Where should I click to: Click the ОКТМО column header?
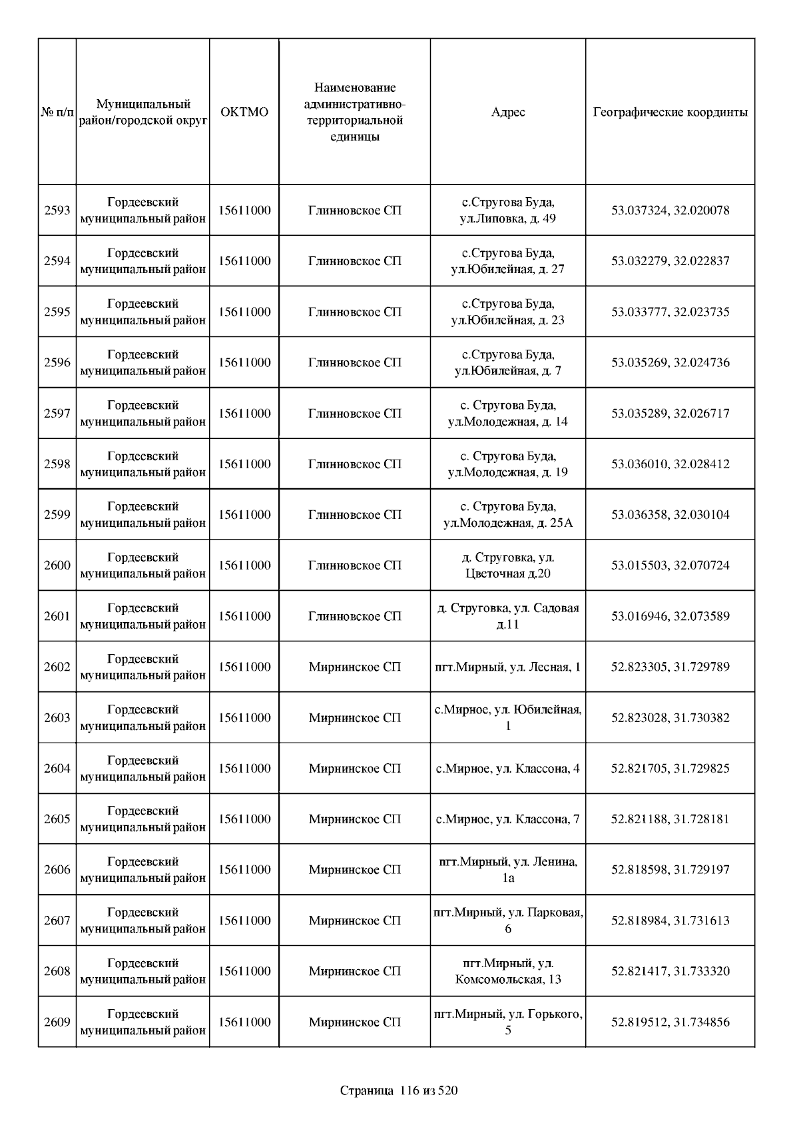pyautogui.click(x=244, y=112)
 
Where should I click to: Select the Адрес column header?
pyautogui.click(x=508, y=112)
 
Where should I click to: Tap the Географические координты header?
pyautogui.click(x=670, y=112)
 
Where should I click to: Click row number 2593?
pyautogui.click(x=57, y=210)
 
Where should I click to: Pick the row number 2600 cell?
pyautogui.click(x=57, y=565)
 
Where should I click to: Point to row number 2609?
pyautogui.click(x=57, y=1022)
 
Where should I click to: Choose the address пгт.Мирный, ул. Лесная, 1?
pyautogui.click(x=508, y=667)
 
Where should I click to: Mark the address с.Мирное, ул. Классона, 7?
pyautogui.click(x=508, y=819)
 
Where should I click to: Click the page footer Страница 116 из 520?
pyautogui.click(x=399, y=1091)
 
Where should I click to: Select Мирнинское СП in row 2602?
pyautogui.click(x=355, y=667)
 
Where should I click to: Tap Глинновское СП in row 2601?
pyautogui.click(x=355, y=616)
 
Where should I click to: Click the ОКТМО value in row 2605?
pyautogui.click(x=244, y=819)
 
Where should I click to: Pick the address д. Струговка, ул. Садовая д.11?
pyautogui.click(x=508, y=616)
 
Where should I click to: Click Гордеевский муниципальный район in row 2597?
pyautogui.click(x=143, y=414)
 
